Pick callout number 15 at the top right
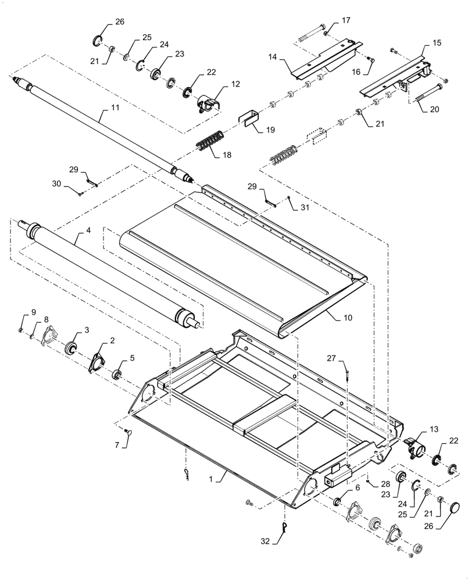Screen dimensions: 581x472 (437, 43)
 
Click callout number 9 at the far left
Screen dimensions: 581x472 (33, 313)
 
